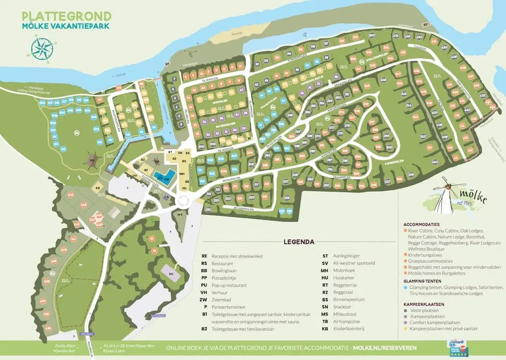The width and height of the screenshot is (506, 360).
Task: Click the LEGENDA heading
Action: click(299, 242)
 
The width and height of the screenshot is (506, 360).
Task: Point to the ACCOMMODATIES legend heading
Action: click(421, 224)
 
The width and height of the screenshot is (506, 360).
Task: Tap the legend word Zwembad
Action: click(221, 299)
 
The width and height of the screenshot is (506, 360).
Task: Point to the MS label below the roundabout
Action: click(180, 214)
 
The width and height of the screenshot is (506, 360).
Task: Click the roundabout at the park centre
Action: click(182, 201)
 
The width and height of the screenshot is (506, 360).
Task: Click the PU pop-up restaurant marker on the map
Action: click(92, 161)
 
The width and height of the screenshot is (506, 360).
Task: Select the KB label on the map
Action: click(97, 188)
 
